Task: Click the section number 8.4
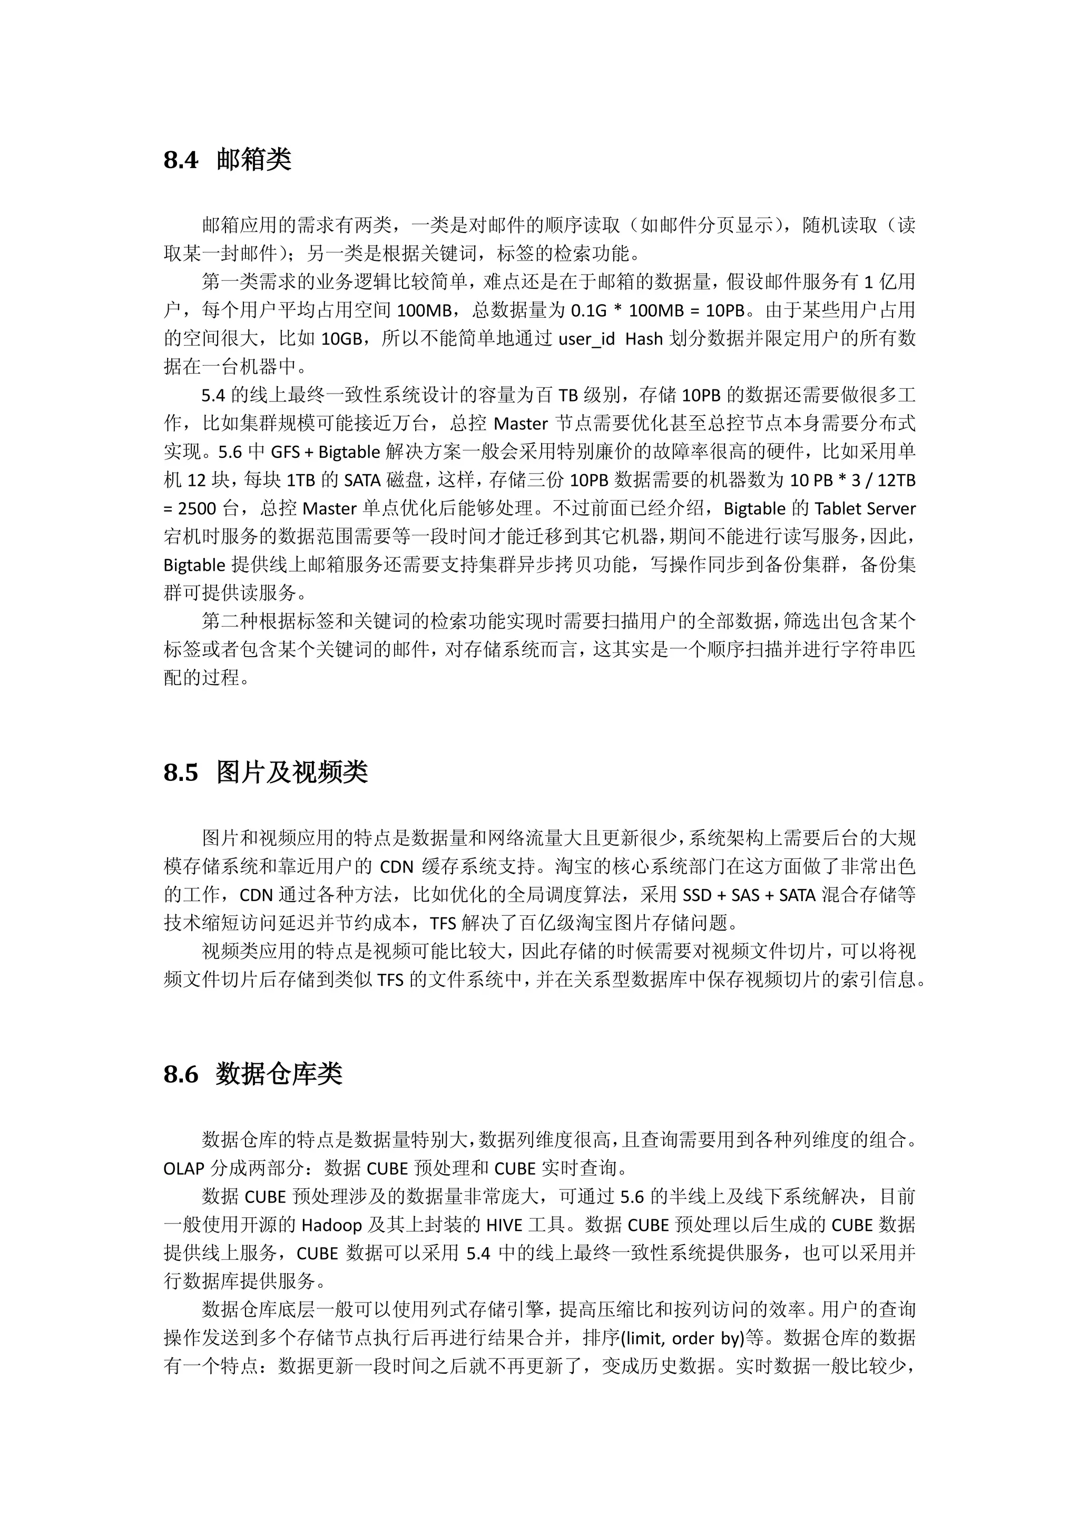point(181,160)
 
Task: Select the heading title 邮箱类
point(254,160)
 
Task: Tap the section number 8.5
point(181,772)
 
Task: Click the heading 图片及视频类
point(292,772)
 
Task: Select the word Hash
point(644,339)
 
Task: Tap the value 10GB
point(341,339)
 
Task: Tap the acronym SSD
point(698,895)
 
